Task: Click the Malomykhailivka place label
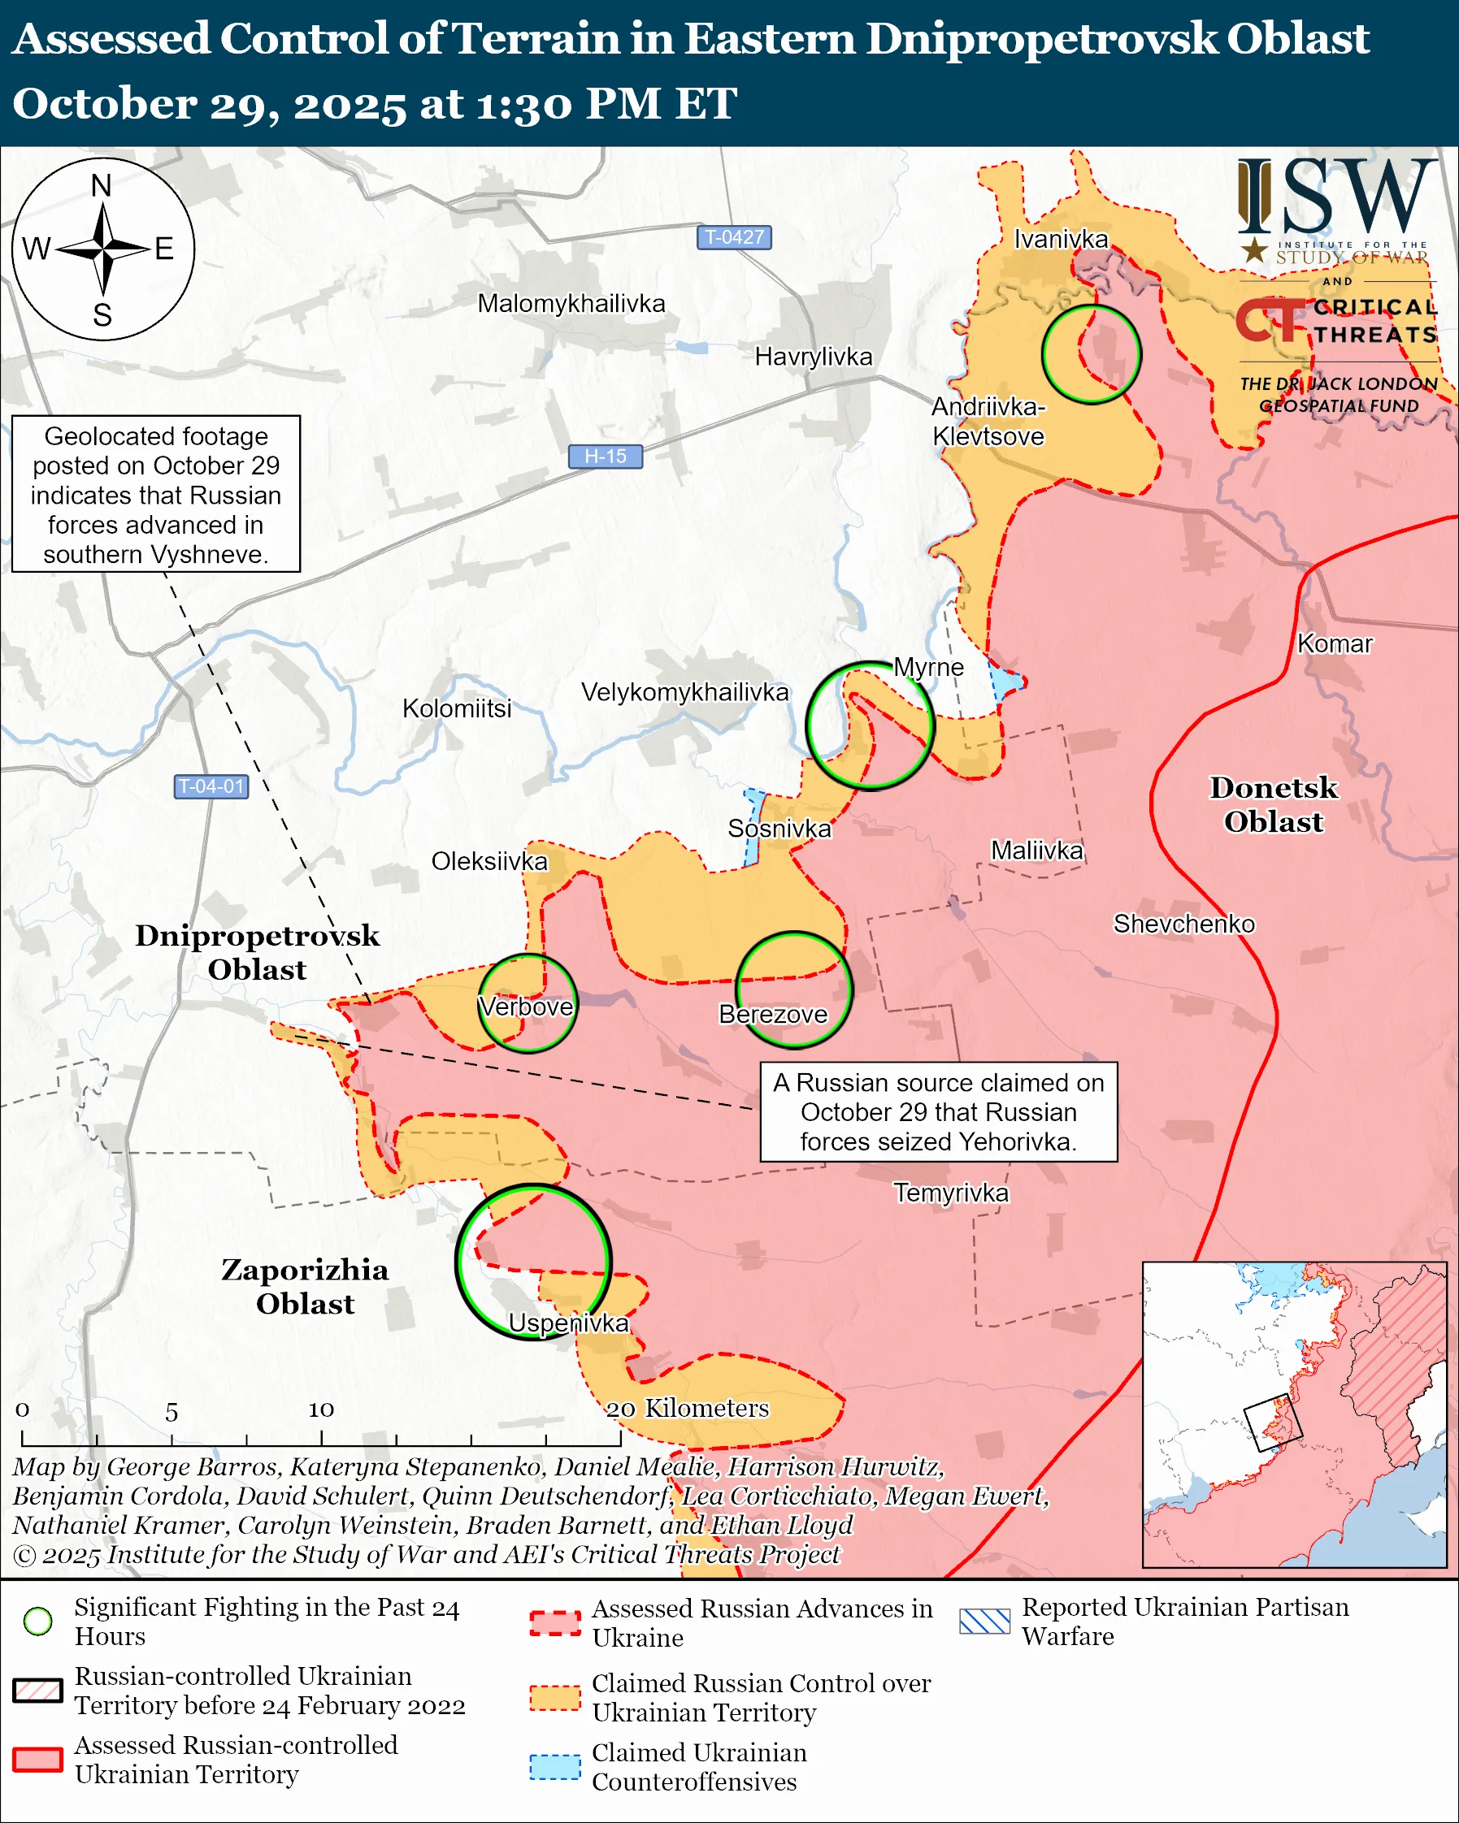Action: (x=571, y=304)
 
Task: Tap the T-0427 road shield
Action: (x=733, y=237)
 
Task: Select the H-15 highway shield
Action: (x=605, y=457)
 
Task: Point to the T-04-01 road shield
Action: (x=211, y=786)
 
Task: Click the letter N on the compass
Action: (x=102, y=186)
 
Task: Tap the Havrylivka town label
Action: (x=813, y=357)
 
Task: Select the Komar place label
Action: (x=1334, y=643)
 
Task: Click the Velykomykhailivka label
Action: (x=684, y=692)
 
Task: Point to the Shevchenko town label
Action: (x=1183, y=924)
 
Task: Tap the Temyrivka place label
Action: (x=951, y=1193)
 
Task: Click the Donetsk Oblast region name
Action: (x=1273, y=804)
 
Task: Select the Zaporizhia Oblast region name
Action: (x=305, y=1286)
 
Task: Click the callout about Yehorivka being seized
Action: (x=938, y=1112)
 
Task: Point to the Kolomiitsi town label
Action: (x=457, y=708)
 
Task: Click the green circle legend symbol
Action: (x=38, y=1621)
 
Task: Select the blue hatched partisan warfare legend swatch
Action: (x=984, y=1621)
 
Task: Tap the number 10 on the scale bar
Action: (x=320, y=1409)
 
